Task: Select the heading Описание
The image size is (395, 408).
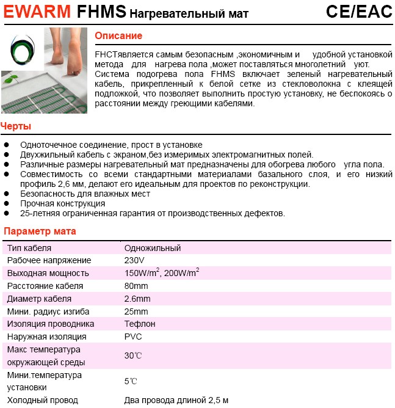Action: coord(118,36)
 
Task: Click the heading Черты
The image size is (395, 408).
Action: coord(16,126)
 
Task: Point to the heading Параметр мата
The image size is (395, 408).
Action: coord(40,231)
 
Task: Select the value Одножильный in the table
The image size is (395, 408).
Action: coord(152,248)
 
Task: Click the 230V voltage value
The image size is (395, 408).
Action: coord(134,260)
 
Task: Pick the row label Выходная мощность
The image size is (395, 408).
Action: coord(48,273)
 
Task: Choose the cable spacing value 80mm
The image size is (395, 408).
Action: coord(136,286)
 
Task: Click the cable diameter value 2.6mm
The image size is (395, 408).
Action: coord(137,299)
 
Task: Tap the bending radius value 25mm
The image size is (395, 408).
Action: coord(136,311)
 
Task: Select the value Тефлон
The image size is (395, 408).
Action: coord(140,324)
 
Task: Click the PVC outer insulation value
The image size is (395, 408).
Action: coord(133,337)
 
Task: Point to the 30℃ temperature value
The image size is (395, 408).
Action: coord(133,355)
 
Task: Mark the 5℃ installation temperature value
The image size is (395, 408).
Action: coord(131,381)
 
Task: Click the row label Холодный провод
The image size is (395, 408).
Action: coord(42,400)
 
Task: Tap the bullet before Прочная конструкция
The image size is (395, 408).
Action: coord(7,204)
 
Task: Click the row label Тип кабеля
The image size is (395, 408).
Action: coord(29,248)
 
